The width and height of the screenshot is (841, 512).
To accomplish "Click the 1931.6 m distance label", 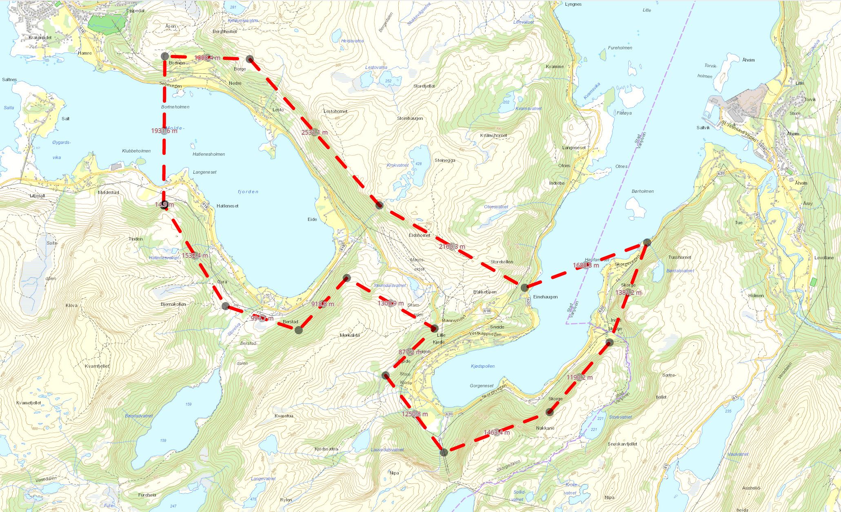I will pyautogui.click(x=164, y=131).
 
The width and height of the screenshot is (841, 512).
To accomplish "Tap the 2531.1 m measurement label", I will pyautogui.click(x=314, y=132).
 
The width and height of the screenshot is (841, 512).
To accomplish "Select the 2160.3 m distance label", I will pyautogui.click(x=452, y=247).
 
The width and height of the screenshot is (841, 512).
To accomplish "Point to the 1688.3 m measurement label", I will pyautogui.click(x=586, y=265).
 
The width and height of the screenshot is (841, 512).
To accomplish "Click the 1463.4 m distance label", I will pyautogui.click(x=497, y=433).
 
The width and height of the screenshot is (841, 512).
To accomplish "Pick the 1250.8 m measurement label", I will pyautogui.click(x=415, y=414).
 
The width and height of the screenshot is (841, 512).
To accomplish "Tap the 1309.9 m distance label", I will pyautogui.click(x=391, y=303).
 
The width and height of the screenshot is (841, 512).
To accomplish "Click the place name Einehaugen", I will pyautogui.click(x=545, y=297).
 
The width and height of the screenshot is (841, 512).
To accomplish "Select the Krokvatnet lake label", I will pyautogui.click(x=397, y=165).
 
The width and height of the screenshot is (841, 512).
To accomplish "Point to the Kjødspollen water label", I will pyautogui.click(x=482, y=366).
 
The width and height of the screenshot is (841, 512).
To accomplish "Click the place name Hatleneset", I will pyautogui.click(x=227, y=206).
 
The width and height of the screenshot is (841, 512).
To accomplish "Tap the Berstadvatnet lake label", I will pyautogui.click(x=139, y=416).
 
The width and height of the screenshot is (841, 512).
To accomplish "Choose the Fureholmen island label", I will pyautogui.click(x=620, y=48).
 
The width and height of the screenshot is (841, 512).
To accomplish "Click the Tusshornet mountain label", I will pyautogui.click(x=680, y=257).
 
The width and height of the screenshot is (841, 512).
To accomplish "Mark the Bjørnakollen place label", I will pyautogui.click(x=173, y=304).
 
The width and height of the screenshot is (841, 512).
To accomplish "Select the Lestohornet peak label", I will pyautogui.click(x=335, y=111).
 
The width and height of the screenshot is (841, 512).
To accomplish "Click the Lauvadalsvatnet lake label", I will pyautogui.click(x=387, y=450).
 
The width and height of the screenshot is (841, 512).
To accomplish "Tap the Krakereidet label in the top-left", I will pyautogui.click(x=40, y=38).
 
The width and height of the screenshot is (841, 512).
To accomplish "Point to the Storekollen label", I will pyautogui.click(x=501, y=262).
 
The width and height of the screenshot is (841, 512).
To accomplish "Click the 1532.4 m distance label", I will pyautogui.click(x=195, y=256).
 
